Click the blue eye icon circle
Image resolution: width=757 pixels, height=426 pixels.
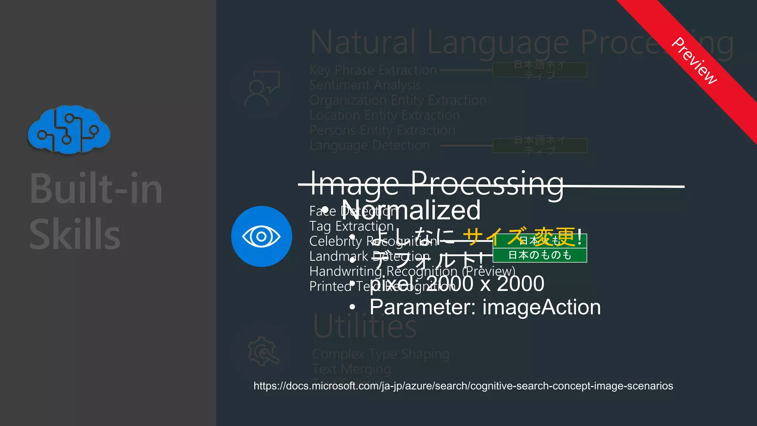261,236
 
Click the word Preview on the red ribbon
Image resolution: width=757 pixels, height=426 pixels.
694,61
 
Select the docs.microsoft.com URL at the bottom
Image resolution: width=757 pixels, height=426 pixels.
463,386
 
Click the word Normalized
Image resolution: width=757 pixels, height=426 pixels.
411,210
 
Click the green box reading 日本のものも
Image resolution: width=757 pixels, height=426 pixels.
540,255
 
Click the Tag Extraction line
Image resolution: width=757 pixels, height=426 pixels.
351,226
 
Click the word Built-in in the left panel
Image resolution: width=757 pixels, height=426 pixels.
96,189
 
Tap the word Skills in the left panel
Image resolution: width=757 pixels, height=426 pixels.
75,234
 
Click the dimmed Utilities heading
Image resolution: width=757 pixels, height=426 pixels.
365,327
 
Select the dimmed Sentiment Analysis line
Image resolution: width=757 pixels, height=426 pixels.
365,85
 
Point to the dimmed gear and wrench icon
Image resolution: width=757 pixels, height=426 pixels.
263,351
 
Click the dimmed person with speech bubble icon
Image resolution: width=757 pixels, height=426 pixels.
261,89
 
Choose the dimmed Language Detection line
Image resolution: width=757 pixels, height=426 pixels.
370,146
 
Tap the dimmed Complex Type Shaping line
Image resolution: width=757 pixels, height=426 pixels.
381,354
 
